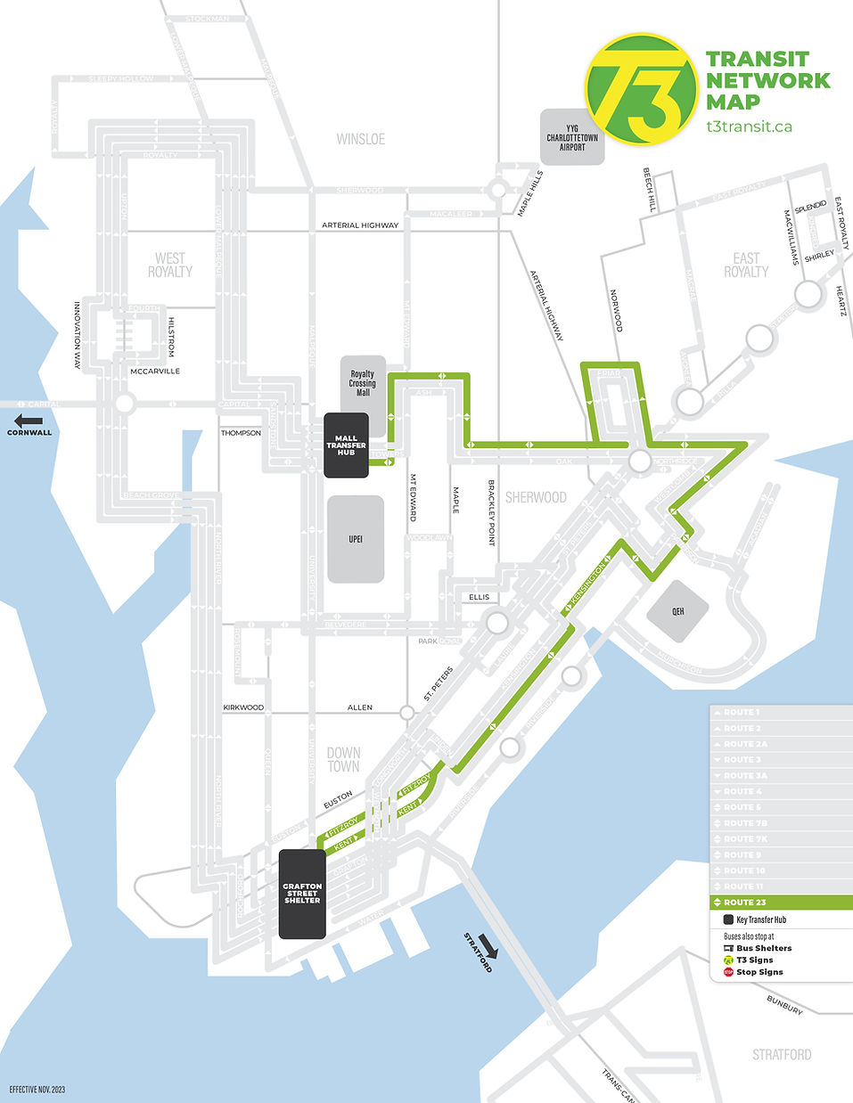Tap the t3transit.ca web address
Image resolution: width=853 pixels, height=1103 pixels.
(x=749, y=127)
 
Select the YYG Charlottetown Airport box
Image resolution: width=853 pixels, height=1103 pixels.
(x=572, y=137)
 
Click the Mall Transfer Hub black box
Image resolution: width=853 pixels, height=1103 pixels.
(x=346, y=445)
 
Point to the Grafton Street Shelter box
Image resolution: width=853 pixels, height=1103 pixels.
(x=302, y=894)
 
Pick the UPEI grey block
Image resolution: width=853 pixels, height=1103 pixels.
(x=356, y=539)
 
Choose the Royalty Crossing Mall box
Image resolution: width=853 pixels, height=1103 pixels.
(x=363, y=384)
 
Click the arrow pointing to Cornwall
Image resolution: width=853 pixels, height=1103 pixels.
(x=29, y=421)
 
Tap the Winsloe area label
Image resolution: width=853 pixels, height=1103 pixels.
(x=361, y=139)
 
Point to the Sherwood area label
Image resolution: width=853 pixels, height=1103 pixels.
(x=536, y=497)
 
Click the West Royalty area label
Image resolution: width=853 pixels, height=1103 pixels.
(x=169, y=265)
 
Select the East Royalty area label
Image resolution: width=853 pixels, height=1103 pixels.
(x=746, y=265)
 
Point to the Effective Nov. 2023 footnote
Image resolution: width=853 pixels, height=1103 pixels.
(x=37, y=1090)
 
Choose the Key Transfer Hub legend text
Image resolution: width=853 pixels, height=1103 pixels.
(x=761, y=919)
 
